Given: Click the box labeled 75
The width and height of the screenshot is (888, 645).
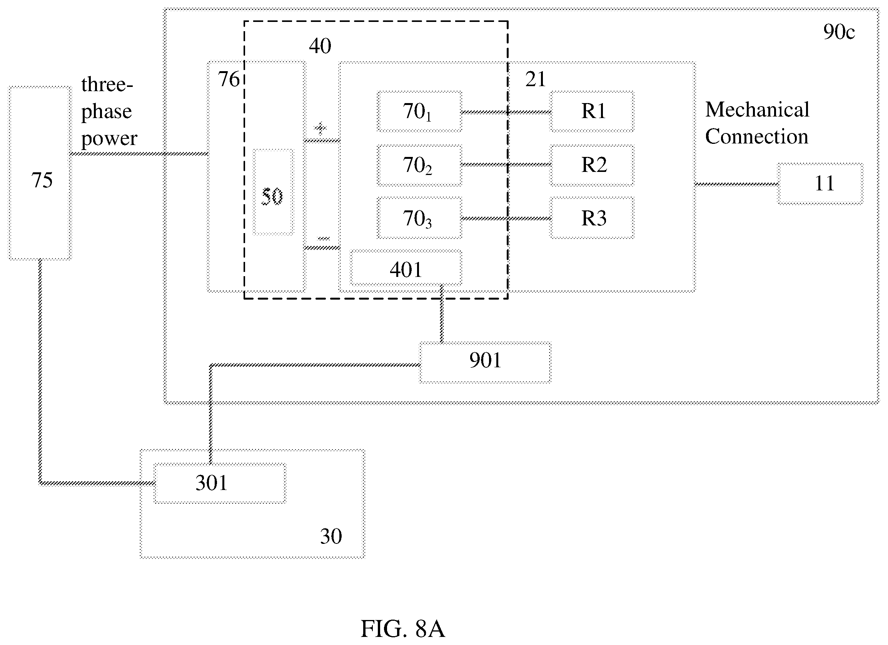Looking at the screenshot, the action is click(x=40, y=173).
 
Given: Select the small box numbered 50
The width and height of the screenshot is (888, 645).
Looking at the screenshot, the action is click(x=273, y=192).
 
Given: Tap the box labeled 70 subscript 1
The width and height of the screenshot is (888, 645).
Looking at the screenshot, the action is click(x=419, y=112).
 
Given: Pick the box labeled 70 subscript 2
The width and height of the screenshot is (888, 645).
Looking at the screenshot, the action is click(x=419, y=165).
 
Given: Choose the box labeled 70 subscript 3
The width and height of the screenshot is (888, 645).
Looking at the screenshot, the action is click(x=419, y=218).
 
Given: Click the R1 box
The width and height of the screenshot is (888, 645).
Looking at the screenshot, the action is click(x=592, y=112).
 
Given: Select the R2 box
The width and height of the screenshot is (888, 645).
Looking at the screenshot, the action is click(x=592, y=165).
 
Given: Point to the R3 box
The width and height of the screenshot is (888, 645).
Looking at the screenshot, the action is click(x=592, y=218).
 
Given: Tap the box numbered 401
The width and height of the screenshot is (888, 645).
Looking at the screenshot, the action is click(x=406, y=268).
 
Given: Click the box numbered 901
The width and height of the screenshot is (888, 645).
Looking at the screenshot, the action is click(x=485, y=362).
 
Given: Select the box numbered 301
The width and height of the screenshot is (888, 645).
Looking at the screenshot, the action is click(x=220, y=483).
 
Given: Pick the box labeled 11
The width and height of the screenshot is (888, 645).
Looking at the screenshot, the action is click(x=820, y=184).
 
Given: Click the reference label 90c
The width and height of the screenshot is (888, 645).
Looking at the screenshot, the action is click(x=839, y=32).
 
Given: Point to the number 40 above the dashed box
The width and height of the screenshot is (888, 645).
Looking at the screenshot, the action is click(x=320, y=46).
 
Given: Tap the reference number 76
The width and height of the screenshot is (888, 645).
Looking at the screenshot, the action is click(x=228, y=79).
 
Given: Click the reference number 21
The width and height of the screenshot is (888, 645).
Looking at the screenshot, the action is click(x=535, y=80).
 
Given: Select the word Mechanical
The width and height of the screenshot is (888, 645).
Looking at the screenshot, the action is click(x=757, y=109).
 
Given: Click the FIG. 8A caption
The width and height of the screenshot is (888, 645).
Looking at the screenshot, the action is click(x=402, y=629).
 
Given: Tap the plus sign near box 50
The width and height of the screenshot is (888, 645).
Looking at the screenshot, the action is click(x=320, y=128).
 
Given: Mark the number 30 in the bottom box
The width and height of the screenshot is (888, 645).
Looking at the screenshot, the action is click(x=331, y=536).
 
